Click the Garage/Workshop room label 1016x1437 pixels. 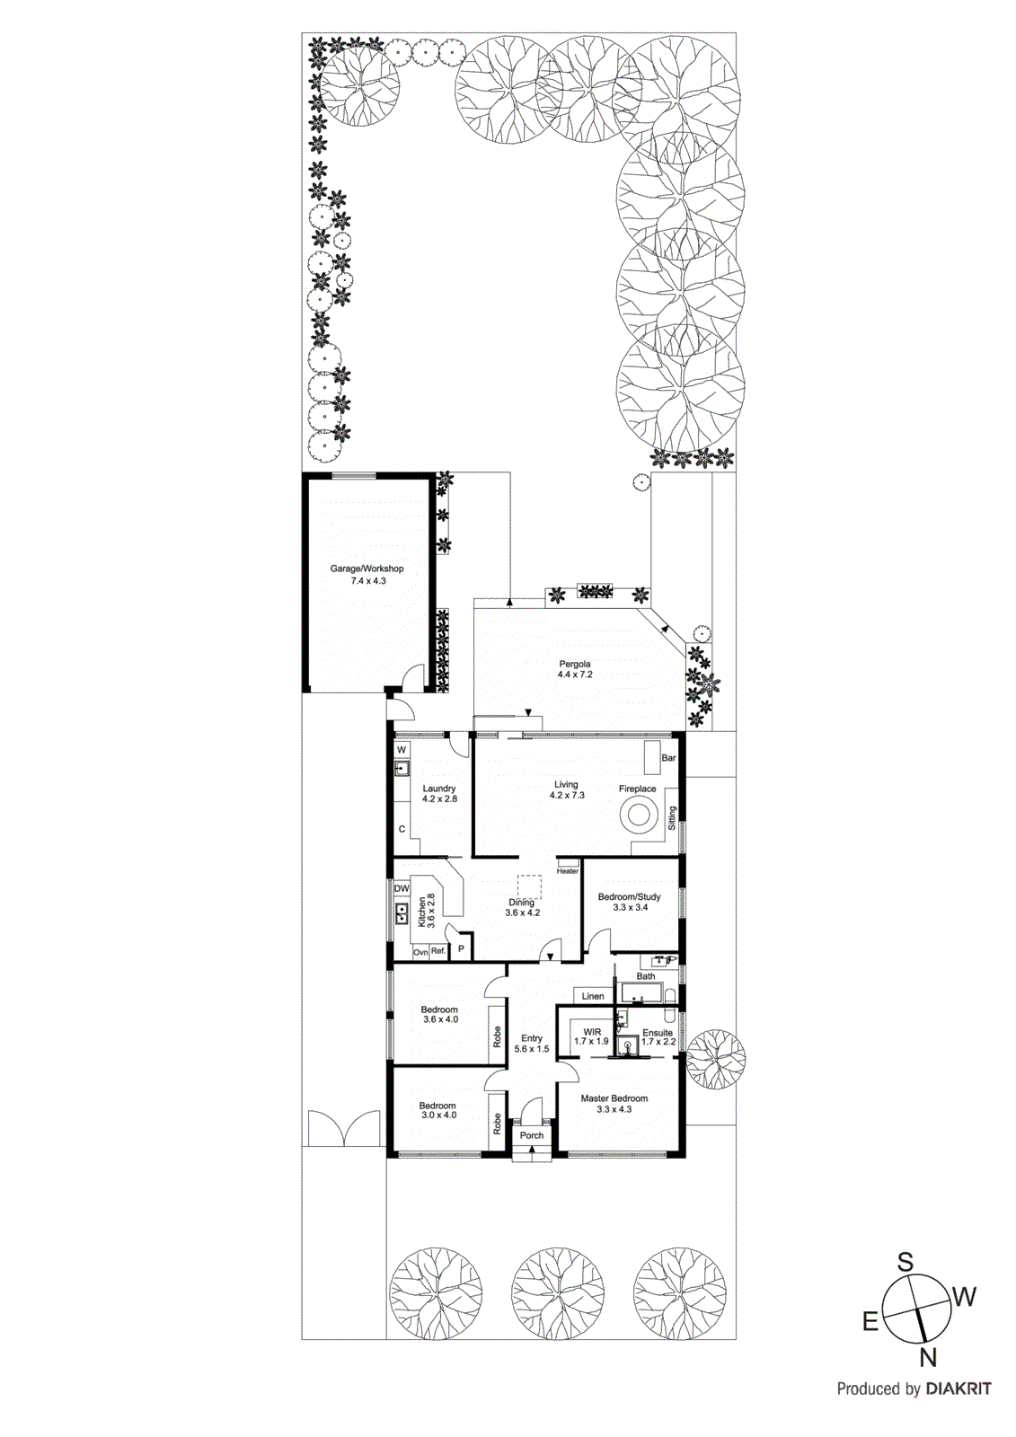(x=367, y=575)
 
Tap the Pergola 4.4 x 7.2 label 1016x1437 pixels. (x=575, y=669)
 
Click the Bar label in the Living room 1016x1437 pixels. (x=668, y=758)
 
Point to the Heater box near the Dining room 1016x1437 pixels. (x=568, y=870)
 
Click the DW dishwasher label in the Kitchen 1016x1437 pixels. (x=402, y=888)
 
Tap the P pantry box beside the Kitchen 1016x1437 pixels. (x=461, y=948)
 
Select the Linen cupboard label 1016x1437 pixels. (x=593, y=996)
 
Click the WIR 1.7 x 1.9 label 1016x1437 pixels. (x=591, y=1036)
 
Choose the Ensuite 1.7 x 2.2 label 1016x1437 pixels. (x=658, y=1037)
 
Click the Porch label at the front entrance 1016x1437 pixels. (x=532, y=1135)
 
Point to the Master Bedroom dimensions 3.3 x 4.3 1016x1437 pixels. (x=614, y=1109)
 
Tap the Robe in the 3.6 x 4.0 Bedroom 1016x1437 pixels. (x=497, y=1037)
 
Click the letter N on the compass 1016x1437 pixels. (x=929, y=1357)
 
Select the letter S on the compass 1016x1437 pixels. (x=905, y=1263)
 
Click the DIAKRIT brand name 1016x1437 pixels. (x=959, y=1389)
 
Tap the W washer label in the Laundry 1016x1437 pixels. (x=402, y=750)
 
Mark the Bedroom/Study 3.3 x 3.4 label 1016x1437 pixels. (x=629, y=902)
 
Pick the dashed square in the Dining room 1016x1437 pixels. (x=529, y=887)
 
